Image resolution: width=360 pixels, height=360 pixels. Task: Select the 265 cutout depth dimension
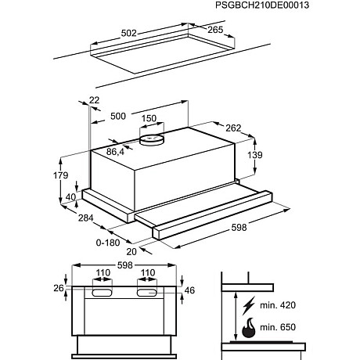[214, 31]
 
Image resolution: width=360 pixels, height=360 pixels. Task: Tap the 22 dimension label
[95, 99]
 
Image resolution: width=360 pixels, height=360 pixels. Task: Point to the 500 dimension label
[118, 116]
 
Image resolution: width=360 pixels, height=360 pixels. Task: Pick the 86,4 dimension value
[115, 151]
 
